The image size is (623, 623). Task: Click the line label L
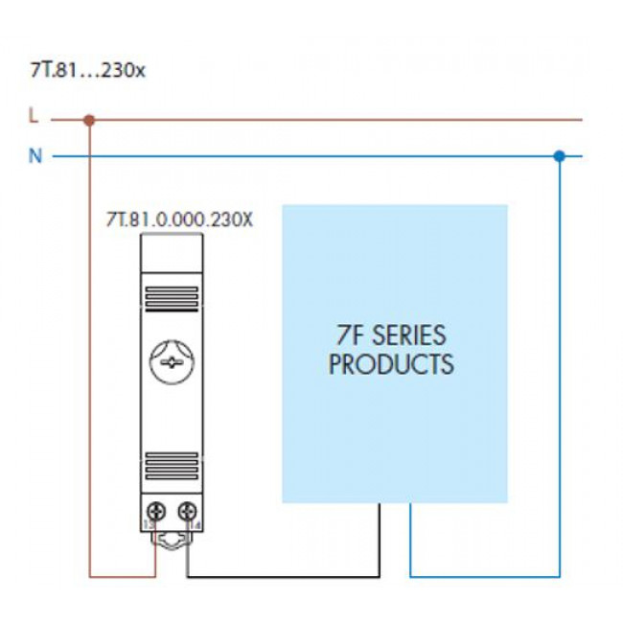tap(35, 118)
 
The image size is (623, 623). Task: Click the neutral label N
tap(35, 155)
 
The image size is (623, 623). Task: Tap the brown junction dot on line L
tap(89, 121)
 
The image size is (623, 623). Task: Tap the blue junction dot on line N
tap(560, 154)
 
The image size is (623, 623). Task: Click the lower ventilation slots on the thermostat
tap(172, 464)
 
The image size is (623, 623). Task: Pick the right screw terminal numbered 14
tap(189, 510)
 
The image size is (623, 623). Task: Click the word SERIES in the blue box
tap(409, 336)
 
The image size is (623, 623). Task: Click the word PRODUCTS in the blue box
tap(391, 365)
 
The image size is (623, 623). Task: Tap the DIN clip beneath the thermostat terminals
tap(172, 541)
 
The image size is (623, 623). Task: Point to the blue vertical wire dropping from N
tap(560, 364)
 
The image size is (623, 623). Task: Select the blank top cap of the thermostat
tap(172, 255)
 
